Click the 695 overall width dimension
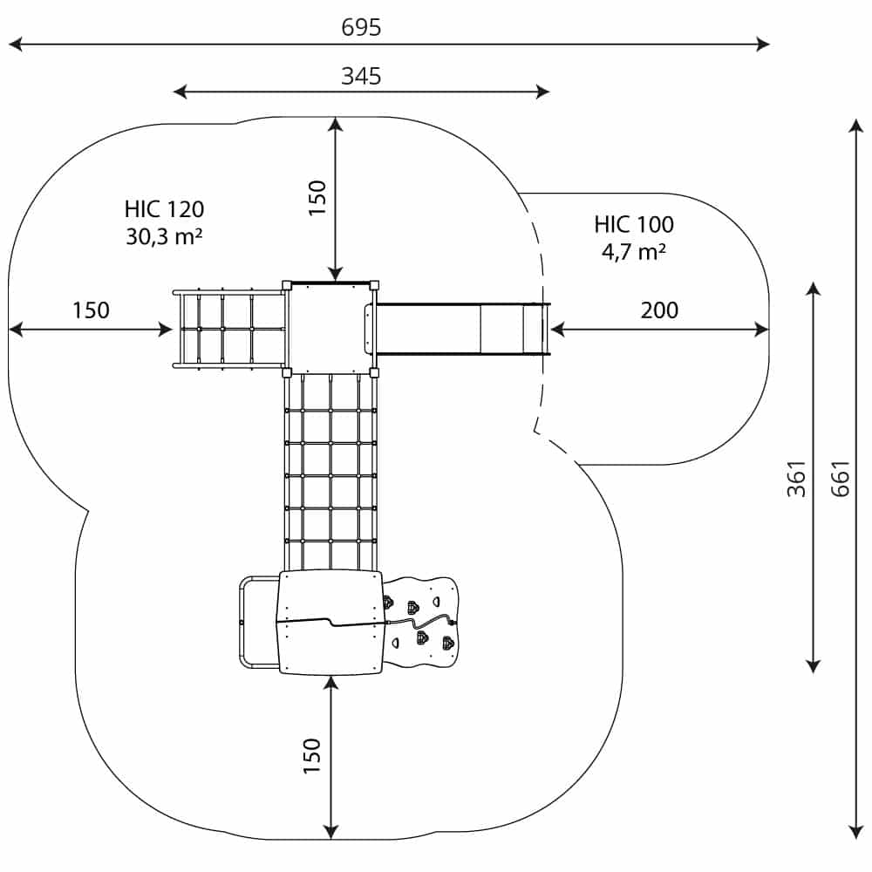pyautogui.click(x=361, y=28)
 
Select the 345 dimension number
pyautogui.click(x=361, y=76)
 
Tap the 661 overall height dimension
pyautogui.click(x=840, y=478)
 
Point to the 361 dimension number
pyautogui.click(x=795, y=478)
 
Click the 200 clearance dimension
pyautogui.click(x=659, y=310)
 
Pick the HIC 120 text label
pyautogui.click(x=164, y=209)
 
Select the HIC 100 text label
pyautogui.click(x=634, y=225)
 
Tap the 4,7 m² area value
pyautogui.click(x=634, y=252)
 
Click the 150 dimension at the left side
pyautogui.click(x=91, y=310)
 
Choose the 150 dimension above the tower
pyautogui.click(x=317, y=198)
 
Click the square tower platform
pyautogui.click(x=330, y=327)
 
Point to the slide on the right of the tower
pyautogui.click(x=462, y=329)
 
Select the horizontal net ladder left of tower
pyautogui.click(x=229, y=329)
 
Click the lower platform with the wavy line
pyautogui.click(x=330, y=621)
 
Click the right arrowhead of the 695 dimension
pyautogui.click(x=765, y=44)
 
